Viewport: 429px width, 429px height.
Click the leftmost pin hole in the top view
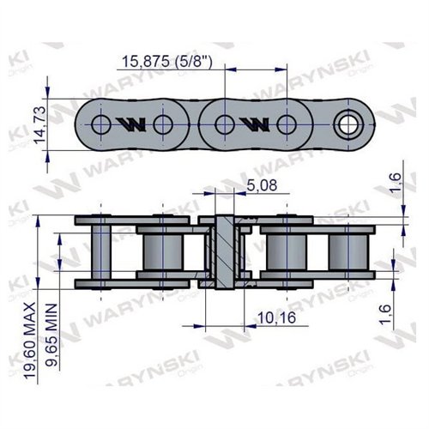(101, 125)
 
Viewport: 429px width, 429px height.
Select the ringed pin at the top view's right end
(349, 125)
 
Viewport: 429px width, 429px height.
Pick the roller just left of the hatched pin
(162, 251)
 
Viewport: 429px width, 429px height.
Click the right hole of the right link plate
(287, 125)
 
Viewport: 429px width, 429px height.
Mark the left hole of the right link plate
(224, 125)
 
